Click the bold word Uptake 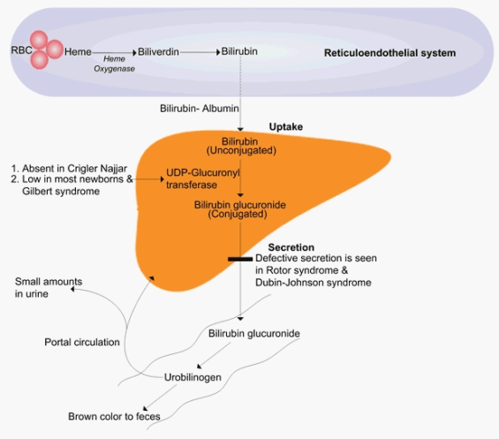coord(285,127)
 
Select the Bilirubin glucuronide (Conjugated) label coord(239,208)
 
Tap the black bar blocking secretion coord(240,259)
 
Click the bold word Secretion coord(291,247)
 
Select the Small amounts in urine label coord(49,288)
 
